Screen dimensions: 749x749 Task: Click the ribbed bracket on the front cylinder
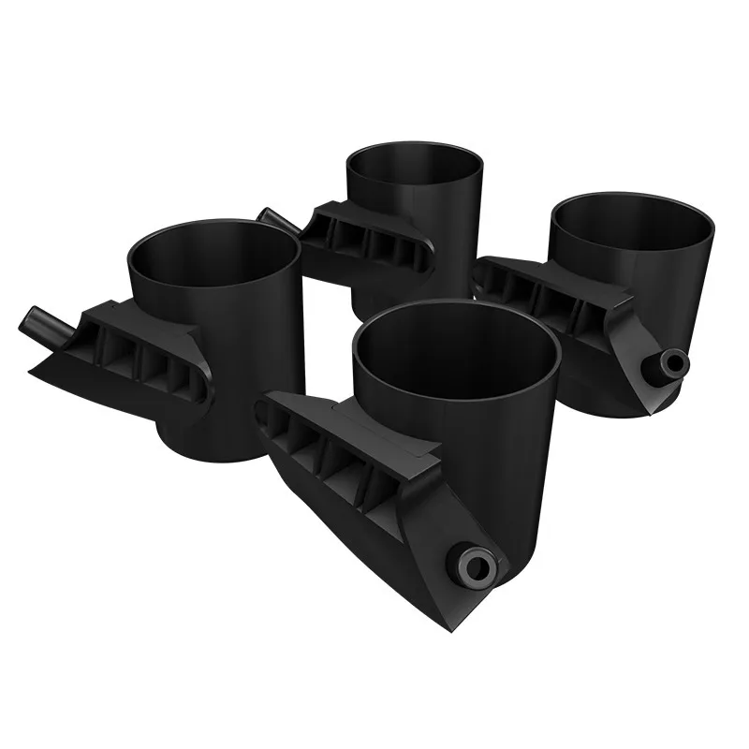tap(346, 459)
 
